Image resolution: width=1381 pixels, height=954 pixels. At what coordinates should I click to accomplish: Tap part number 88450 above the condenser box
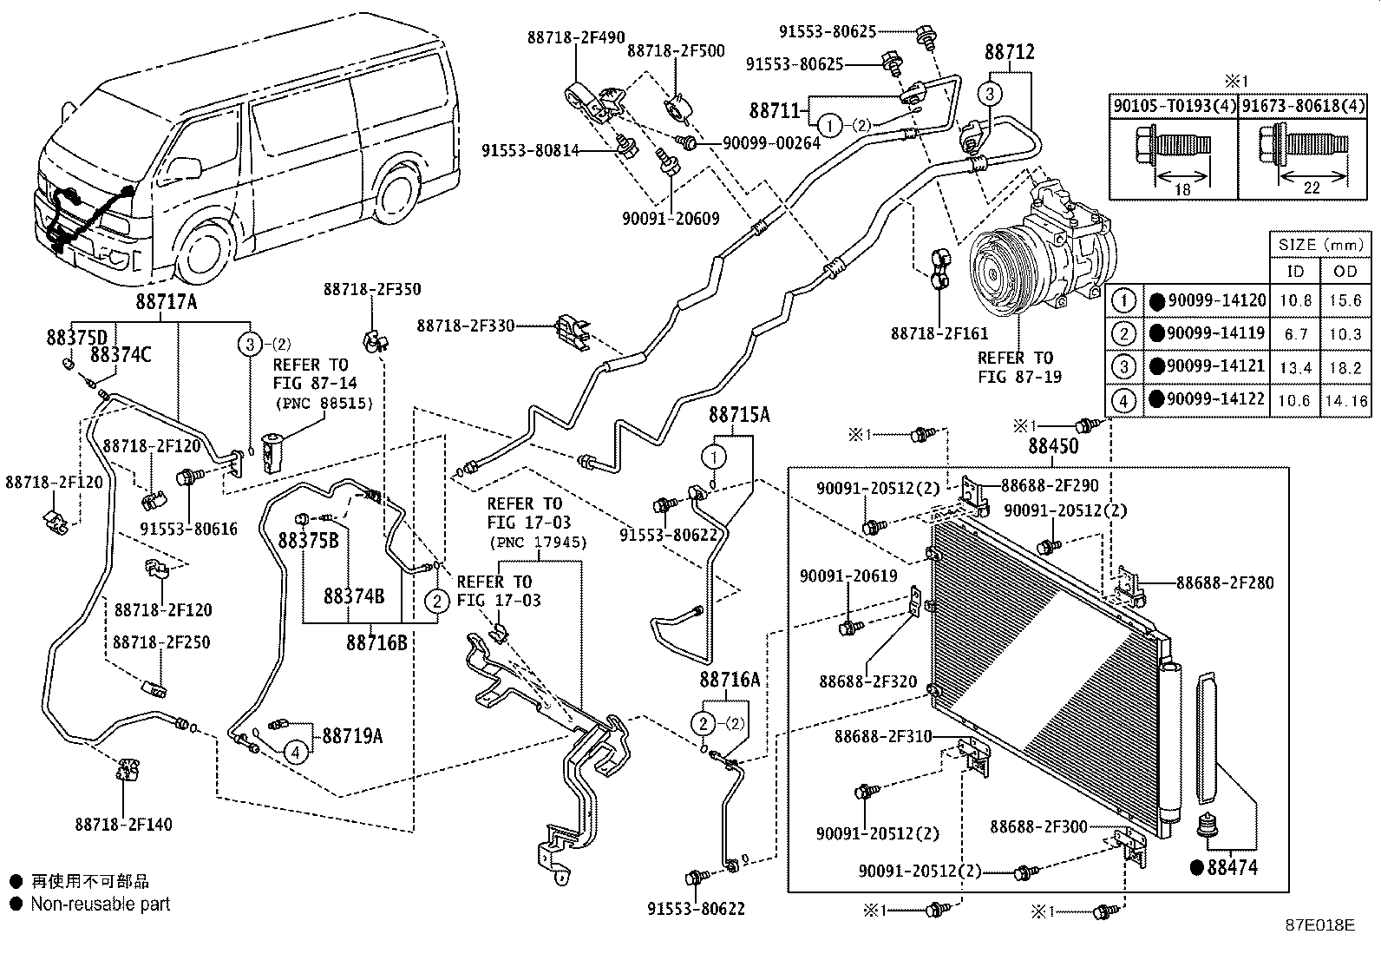[1053, 446]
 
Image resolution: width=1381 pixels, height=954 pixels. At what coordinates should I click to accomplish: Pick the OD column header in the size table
[1345, 271]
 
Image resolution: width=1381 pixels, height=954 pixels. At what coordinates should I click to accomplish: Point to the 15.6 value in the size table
[1345, 301]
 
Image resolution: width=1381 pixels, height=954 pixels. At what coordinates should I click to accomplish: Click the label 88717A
[166, 301]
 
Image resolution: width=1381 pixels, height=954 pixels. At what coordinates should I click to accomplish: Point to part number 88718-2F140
[123, 825]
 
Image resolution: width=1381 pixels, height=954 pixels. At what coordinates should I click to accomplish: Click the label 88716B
[376, 642]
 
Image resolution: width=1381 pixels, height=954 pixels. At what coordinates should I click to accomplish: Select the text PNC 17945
[538, 543]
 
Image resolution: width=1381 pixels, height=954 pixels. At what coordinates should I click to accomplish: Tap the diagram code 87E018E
[1319, 924]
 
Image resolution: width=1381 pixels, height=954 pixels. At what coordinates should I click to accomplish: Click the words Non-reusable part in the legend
[100, 904]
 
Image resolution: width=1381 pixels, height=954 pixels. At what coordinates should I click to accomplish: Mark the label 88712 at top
[1009, 53]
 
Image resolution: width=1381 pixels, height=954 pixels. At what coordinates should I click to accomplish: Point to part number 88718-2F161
[939, 333]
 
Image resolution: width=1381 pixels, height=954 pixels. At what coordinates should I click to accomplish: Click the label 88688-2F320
[867, 681]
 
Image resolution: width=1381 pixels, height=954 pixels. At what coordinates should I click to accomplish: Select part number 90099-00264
[771, 142]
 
